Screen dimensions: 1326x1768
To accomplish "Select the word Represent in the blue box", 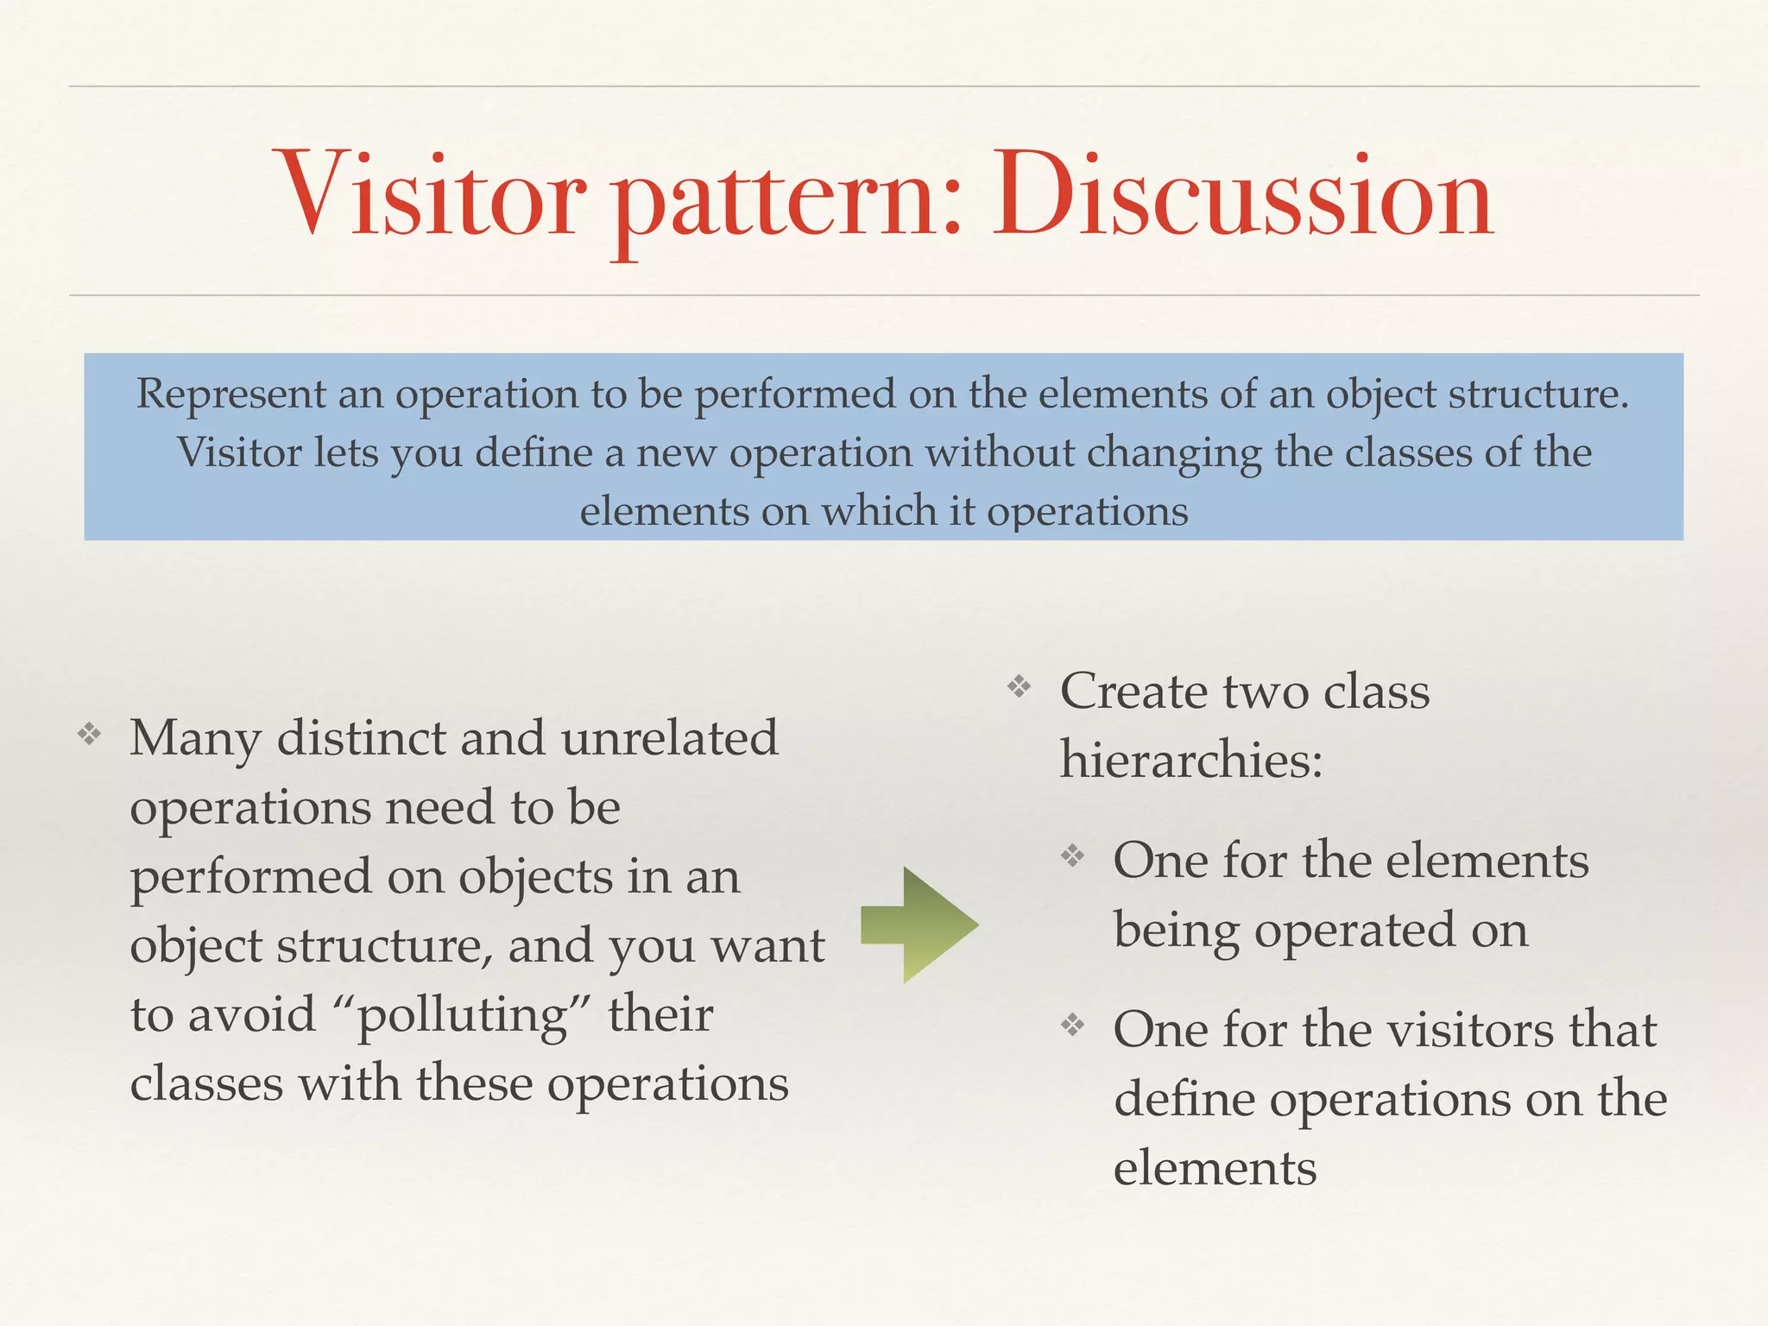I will (230, 395).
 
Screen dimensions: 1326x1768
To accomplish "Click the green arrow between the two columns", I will (919, 925).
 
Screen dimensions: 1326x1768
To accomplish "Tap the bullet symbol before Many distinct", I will (89, 736).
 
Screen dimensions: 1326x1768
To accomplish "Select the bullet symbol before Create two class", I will (1020, 687).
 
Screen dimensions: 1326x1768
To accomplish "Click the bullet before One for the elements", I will (1073, 856).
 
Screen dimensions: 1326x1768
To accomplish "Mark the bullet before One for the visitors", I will (1073, 1025).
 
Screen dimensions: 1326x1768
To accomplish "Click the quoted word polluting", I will (462, 1016).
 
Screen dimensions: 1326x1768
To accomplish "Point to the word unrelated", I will (669, 739).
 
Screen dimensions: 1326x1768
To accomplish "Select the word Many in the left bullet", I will (195, 741).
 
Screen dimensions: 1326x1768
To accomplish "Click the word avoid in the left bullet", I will (252, 1014).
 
